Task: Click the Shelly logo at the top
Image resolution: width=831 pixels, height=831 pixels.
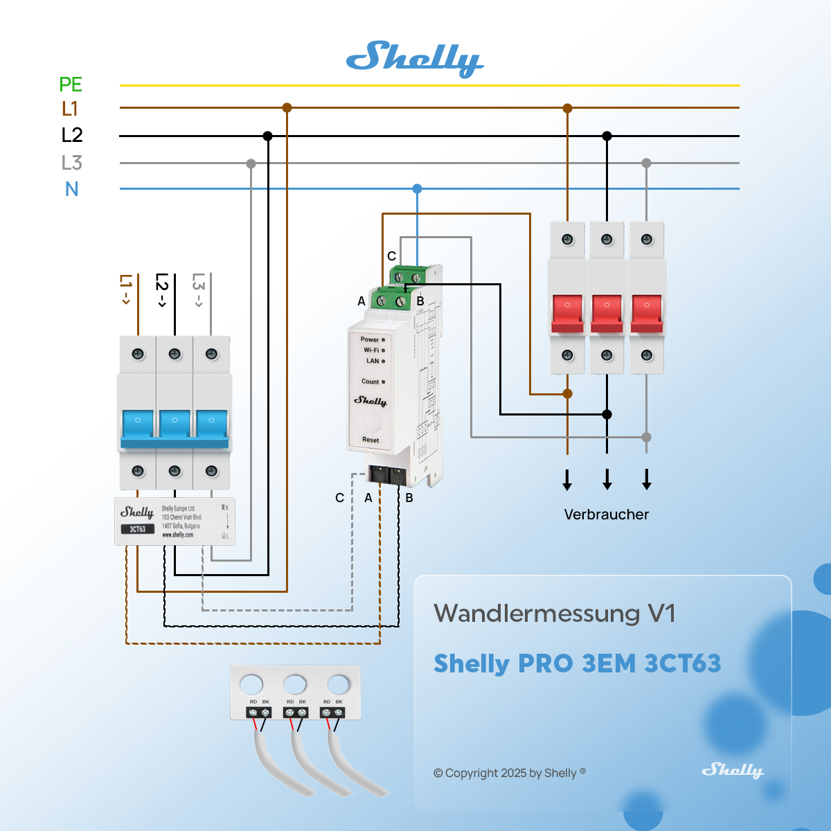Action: pos(414,59)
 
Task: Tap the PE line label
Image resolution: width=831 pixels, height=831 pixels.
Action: pos(71,84)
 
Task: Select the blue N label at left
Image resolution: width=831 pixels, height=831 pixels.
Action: pos(72,189)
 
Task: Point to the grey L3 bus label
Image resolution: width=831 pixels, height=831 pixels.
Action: pos(71,163)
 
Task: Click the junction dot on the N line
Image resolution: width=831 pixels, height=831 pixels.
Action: pos(417,188)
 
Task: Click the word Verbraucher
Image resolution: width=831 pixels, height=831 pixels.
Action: pos(606,515)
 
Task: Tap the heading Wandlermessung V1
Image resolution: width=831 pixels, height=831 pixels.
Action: pos(554,614)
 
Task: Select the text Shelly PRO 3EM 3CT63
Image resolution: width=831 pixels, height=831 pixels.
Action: pos(577,663)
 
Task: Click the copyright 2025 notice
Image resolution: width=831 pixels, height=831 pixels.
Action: pos(509,773)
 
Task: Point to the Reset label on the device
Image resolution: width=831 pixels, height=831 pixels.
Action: pos(370,440)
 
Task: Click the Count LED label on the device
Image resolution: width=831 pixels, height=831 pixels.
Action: pos(370,382)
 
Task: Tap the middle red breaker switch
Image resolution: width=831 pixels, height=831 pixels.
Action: pos(607,312)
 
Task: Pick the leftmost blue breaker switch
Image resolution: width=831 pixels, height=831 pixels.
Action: pos(138,424)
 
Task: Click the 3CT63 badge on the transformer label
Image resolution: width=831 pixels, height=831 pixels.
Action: pos(137,529)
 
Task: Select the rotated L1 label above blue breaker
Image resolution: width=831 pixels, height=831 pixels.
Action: pos(125,289)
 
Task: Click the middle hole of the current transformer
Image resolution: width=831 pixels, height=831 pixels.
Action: pos(295,685)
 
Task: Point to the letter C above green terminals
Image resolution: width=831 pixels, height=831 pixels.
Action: pos(391,256)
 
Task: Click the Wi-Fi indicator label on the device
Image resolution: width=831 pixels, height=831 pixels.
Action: pos(372,350)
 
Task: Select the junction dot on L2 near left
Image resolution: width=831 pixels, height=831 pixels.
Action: pos(268,136)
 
